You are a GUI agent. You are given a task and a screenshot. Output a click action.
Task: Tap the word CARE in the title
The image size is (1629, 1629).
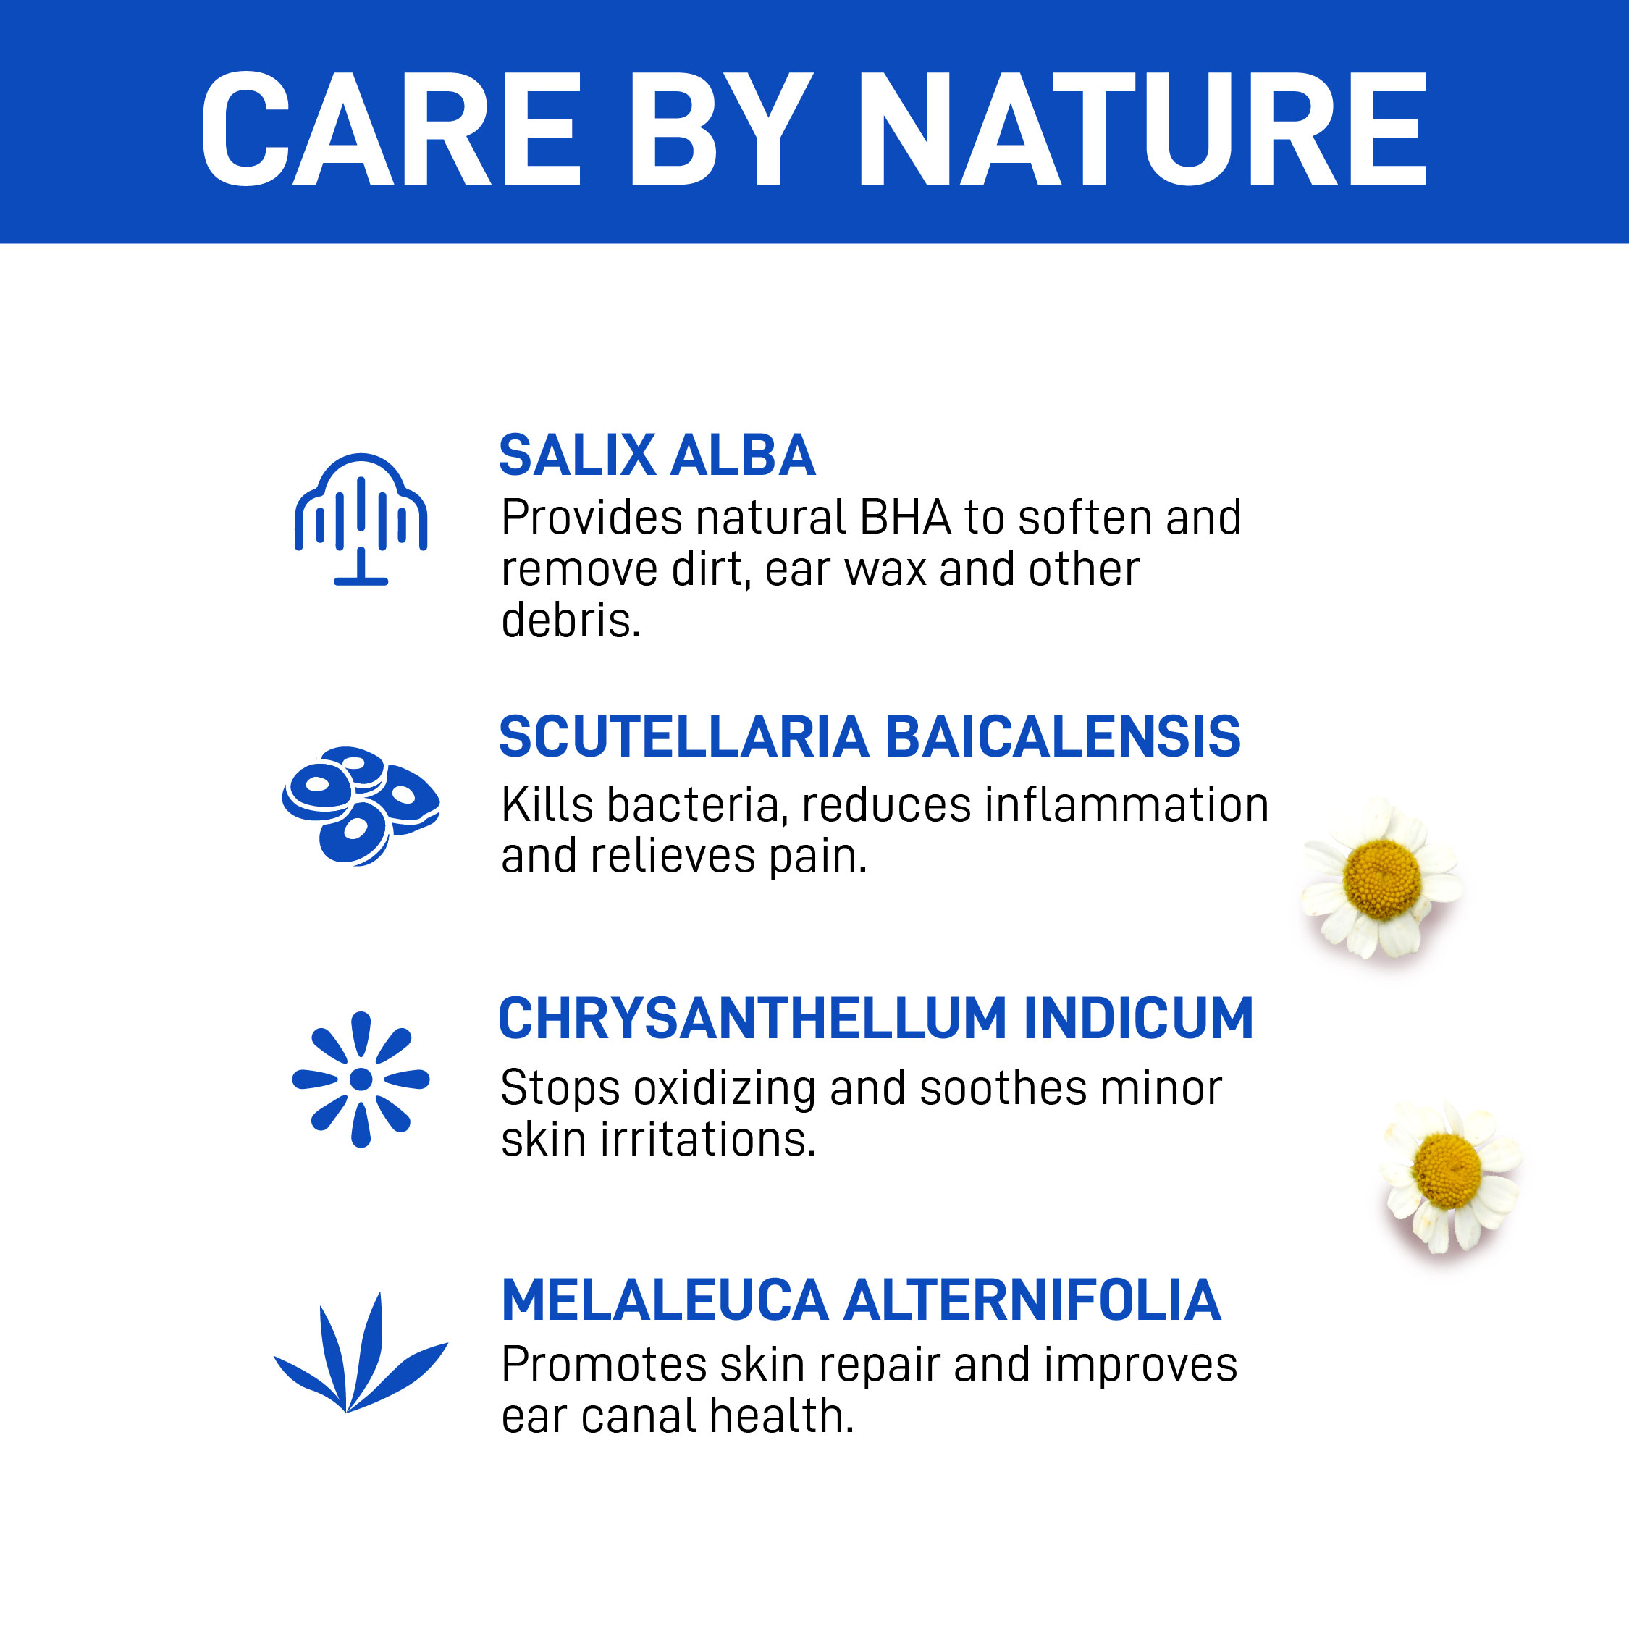(391, 127)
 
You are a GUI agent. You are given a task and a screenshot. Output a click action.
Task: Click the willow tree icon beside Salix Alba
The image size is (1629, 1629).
(361, 519)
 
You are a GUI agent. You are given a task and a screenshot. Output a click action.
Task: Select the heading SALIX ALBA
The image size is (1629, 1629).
(657, 456)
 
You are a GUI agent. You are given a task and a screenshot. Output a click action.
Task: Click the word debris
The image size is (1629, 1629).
(571, 620)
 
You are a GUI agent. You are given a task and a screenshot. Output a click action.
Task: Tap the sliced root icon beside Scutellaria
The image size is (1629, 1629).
(361, 805)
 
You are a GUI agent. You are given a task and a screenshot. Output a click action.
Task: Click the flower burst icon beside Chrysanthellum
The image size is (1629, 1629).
(361, 1079)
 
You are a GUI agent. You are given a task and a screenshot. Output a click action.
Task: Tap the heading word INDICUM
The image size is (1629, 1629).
(1138, 1019)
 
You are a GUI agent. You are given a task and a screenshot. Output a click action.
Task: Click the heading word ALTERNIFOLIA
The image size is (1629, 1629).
(1032, 1300)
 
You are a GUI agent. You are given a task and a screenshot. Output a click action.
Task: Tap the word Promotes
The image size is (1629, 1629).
(605, 1364)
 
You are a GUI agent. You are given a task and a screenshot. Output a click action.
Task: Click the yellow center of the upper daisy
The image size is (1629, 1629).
(1383, 880)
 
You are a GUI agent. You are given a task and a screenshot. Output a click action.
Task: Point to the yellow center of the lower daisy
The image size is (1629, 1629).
(1446, 1171)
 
